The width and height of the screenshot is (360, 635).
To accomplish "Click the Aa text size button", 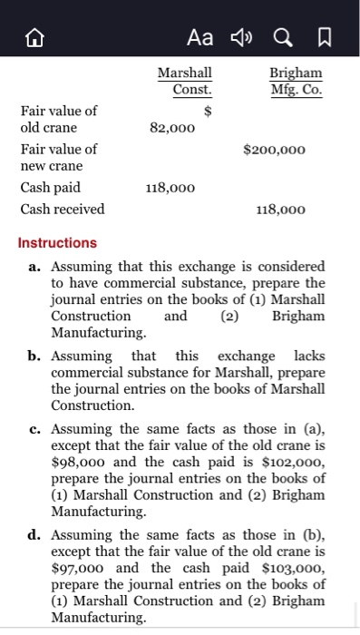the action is pos(199,35).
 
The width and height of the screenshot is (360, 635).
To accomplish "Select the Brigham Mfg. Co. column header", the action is pos(295,81).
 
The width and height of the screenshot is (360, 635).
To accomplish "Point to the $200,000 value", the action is pos(274,149).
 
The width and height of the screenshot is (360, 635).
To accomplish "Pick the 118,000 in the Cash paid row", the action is pos(170,188).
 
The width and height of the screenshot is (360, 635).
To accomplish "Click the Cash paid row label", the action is pos(50,188).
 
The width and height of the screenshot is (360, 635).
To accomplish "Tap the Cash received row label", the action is pos(63,209).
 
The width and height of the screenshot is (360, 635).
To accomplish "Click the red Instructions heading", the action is pos(57,243).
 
